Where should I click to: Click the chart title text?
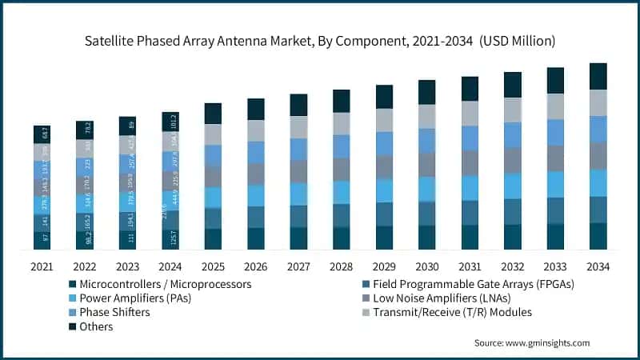pos(320,39)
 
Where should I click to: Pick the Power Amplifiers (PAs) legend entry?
pos(135,298)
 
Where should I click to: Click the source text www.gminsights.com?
pos(531,343)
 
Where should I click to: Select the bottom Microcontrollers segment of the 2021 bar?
pos(42,239)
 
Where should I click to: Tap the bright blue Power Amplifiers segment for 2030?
pos(427,189)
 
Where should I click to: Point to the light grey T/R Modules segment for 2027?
pos(298,127)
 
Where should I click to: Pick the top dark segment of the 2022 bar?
pos(85,130)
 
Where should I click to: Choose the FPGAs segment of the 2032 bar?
pos(513,211)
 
